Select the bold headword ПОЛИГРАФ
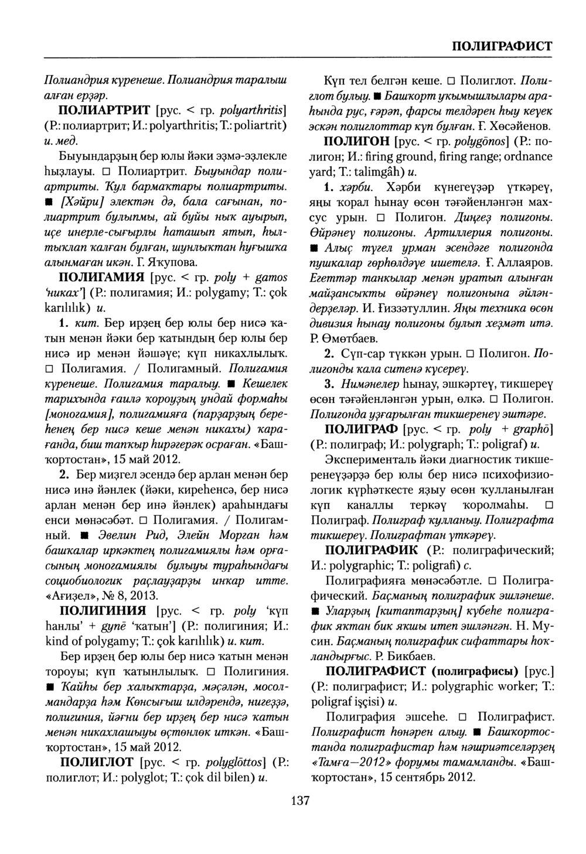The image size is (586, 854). tap(361, 429)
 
